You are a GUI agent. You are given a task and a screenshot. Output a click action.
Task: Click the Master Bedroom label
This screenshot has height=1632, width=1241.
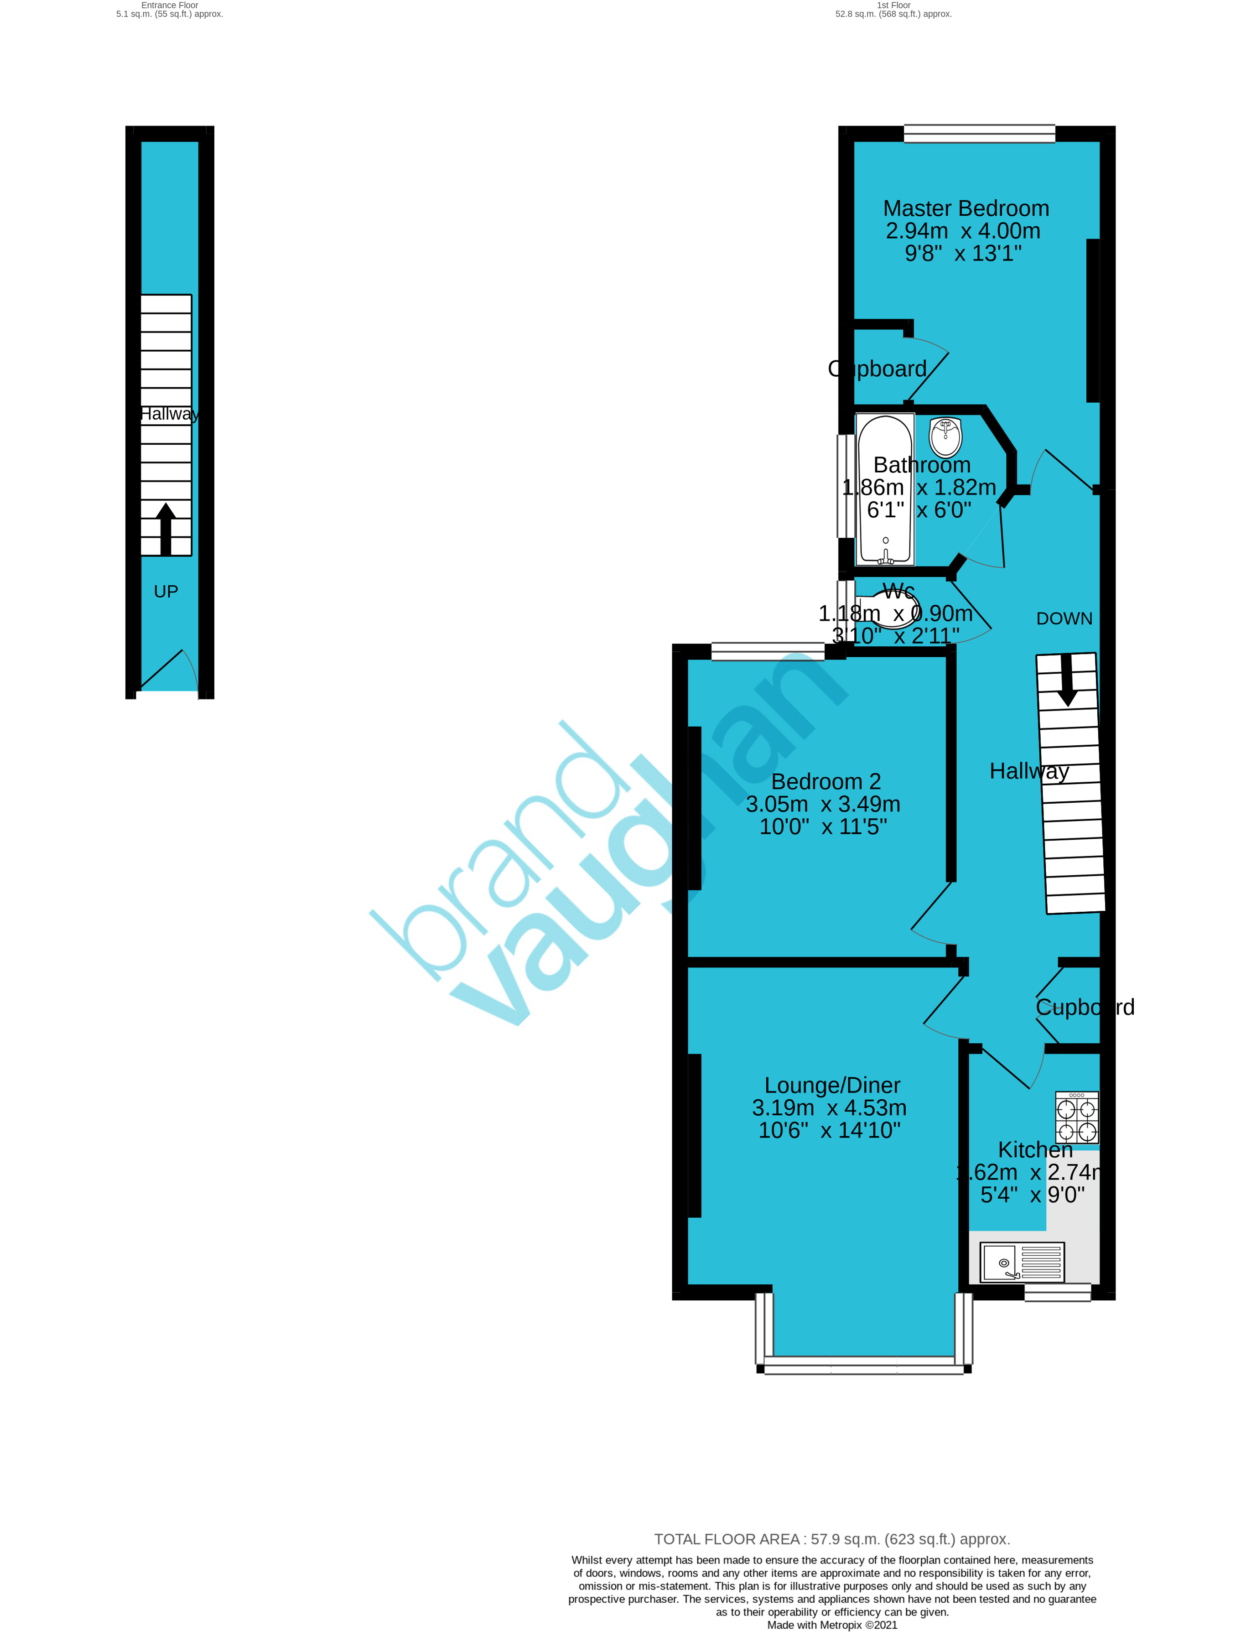966,208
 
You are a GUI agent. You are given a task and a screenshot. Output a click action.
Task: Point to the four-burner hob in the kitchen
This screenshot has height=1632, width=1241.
1077,1118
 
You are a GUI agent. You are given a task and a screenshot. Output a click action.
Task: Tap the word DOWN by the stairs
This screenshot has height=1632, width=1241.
1064,618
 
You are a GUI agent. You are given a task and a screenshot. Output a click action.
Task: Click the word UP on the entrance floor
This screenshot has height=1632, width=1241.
166,592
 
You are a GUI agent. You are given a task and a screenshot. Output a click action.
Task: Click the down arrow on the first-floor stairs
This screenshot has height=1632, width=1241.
1067,681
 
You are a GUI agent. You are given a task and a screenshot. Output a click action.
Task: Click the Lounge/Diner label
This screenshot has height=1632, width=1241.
832,1085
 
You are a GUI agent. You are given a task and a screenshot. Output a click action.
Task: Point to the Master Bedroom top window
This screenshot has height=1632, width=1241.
980,134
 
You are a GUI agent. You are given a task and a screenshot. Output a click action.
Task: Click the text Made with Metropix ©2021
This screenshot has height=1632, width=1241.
832,1625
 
